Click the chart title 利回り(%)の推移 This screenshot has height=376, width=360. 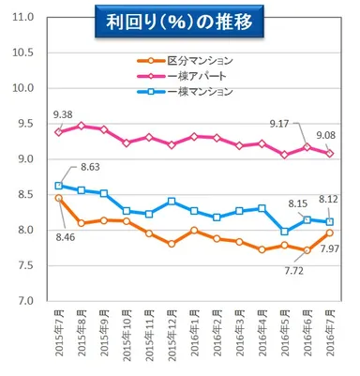coord(179,22)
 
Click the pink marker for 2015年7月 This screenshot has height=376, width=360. coord(60,132)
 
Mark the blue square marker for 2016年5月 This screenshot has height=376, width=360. coord(284,231)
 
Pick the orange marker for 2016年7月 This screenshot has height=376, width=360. coord(328,233)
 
